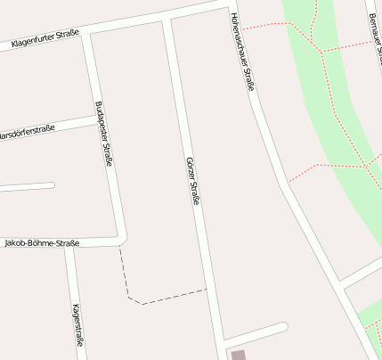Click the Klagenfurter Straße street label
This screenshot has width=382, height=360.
coord(45,38)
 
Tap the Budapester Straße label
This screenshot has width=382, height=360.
coord(102,134)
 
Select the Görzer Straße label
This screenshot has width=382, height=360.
coord(191,183)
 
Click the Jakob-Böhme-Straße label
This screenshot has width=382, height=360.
coord(42,243)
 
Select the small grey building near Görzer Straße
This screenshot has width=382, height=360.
coord(238,355)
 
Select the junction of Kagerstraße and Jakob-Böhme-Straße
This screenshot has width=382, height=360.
coord(69,244)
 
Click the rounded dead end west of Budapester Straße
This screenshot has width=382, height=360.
coord(52,185)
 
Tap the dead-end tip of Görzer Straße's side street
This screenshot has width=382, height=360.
coord(283,326)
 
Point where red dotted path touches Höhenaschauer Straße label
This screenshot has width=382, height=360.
coord(242,29)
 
